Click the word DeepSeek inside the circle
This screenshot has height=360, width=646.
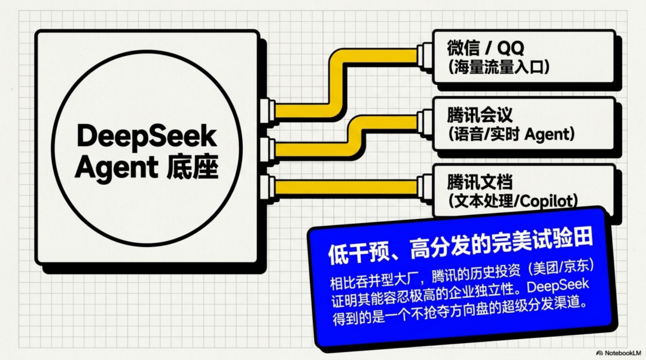pyautogui.click(x=147, y=137)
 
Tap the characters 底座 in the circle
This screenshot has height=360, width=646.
pyautogui.click(x=193, y=167)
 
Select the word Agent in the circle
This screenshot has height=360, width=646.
pyautogui.click(x=117, y=167)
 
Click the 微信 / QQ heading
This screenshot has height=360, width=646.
pyautogui.click(x=485, y=48)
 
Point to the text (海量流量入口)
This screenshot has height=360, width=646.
pyautogui.click(x=498, y=67)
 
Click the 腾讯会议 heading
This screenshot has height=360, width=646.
pyautogui.click(x=480, y=115)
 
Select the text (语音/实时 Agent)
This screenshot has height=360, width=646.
pyautogui.click(x=511, y=134)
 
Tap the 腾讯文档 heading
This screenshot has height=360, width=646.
pyautogui.click(x=480, y=182)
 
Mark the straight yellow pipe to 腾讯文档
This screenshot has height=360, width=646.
pyautogui.click(x=346, y=187)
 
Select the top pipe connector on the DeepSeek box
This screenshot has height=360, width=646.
pyautogui.click(x=268, y=111)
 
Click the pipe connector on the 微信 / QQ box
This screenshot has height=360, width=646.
pyautogui.click(x=425, y=56)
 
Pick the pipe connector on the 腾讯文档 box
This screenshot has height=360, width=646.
pyautogui.click(x=425, y=187)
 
